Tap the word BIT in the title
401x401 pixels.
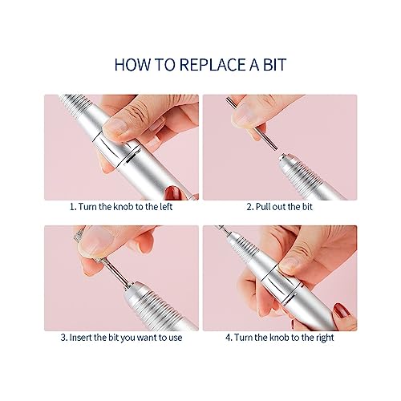coord(275,65)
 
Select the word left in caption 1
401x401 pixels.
coord(166,207)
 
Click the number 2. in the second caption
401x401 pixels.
coord(250,207)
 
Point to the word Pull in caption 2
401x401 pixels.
coord(261,207)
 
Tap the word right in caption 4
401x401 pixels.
coord(325,338)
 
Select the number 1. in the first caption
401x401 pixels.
coord(73,207)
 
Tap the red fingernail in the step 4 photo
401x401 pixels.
coord(342,311)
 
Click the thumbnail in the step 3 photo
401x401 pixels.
coord(96,242)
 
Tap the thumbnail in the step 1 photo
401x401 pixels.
coord(115,126)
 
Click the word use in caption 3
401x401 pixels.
coord(176,338)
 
